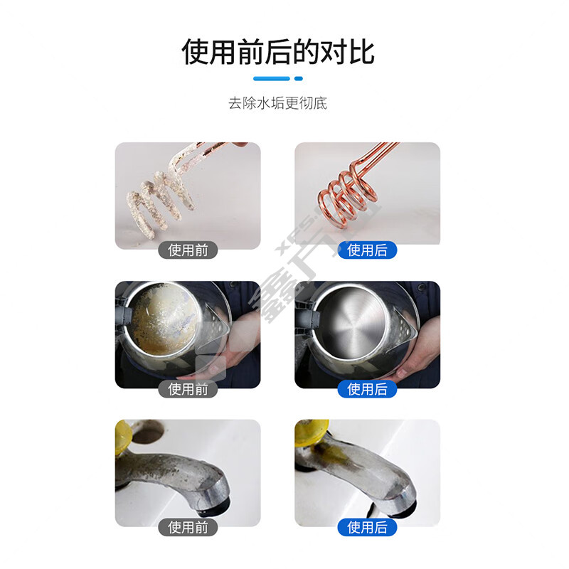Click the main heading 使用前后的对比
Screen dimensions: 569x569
278,52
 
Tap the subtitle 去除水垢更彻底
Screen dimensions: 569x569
277,103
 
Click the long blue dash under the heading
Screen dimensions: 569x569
272,78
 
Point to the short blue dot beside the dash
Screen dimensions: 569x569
298,78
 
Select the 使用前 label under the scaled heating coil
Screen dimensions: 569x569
188,250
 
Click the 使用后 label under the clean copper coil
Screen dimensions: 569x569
367,250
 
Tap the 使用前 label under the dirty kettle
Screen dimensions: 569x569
188,389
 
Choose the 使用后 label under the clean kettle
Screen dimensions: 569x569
367,389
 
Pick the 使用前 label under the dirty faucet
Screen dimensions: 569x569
188,527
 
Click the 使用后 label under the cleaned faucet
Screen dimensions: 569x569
367,527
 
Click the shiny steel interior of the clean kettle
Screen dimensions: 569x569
350,319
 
